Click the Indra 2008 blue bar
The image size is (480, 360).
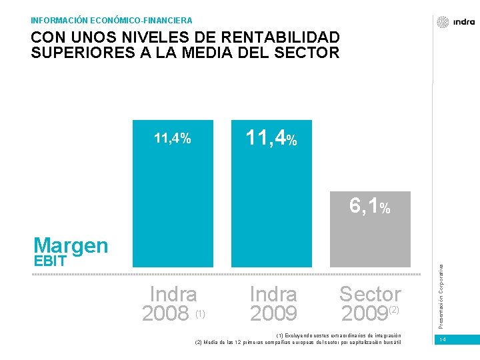click(173, 193)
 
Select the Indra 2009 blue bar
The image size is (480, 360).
click(271, 193)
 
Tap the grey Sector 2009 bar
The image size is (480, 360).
click(370, 229)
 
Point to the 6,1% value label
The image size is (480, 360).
click(370, 206)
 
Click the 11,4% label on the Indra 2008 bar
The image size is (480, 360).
click(173, 138)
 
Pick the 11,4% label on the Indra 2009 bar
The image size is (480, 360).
click(271, 138)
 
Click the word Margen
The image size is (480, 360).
click(71, 246)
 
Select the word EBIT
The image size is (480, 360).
click(50, 261)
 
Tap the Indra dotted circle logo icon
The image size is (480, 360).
click(443, 22)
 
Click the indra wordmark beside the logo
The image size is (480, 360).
click(464, 22)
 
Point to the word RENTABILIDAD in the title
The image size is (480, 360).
click(280, 37)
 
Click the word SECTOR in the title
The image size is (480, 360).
click(307, 53)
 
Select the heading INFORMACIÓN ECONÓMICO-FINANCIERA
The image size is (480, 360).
click(111, 21)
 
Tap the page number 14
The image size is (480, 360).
click(443, 339)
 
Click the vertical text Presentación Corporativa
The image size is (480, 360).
click(441, 297)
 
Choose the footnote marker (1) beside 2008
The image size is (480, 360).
click(200, 314)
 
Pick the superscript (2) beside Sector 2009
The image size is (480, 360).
click(394, 310)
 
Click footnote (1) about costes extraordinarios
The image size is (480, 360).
click(339, 335)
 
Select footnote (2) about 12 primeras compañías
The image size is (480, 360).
click(298, 342)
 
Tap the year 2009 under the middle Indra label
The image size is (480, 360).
click(273, 313)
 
